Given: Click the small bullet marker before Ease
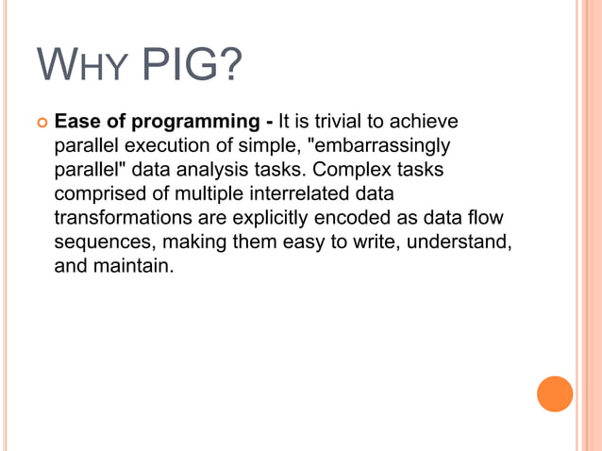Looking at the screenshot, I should [x=41, y=123].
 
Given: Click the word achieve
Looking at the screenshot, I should [x=425, y=123].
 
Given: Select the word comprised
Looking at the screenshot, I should [x=97, y=194].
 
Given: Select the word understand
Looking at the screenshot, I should [x=465, y=242].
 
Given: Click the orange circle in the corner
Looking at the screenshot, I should [x=555, y=393].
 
